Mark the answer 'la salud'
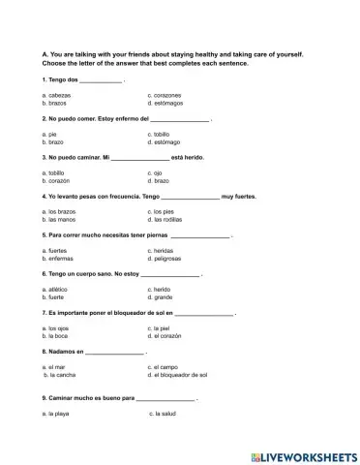[166, 415]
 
